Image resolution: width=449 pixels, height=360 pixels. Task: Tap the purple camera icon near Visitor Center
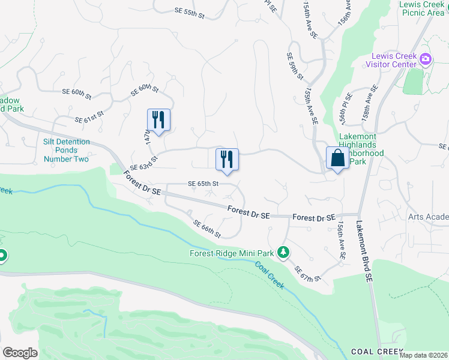(426, 59)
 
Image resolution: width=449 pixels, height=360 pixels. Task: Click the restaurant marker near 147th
(158, 119)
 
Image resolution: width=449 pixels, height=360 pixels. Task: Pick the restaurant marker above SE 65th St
(227, 159)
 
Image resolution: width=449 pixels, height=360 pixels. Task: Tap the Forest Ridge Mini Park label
(232, 253)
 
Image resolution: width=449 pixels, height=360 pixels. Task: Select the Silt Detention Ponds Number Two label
(67, 151)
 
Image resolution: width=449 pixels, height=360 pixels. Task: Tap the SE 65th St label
(202, 184)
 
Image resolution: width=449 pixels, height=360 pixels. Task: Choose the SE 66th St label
(207, 229)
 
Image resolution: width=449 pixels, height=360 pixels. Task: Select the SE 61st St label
(89, 116)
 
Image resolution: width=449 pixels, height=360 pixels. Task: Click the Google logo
(20, 353)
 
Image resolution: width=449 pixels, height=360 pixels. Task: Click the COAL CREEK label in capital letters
(375, 351)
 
